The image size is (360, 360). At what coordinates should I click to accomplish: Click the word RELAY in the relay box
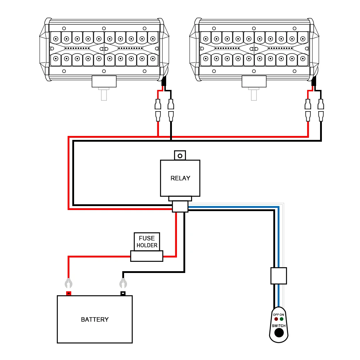click(180, 178)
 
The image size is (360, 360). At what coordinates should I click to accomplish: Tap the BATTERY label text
click(95, 319)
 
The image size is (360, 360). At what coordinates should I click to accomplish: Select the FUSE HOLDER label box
click(147, 242)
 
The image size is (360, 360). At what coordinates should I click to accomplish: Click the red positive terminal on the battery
click(69, 293)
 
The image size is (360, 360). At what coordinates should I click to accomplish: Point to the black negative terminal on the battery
click(123, 293)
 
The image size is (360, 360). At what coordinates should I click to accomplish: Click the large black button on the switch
click(279, 333)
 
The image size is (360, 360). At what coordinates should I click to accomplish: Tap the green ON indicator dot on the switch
click(282, 319)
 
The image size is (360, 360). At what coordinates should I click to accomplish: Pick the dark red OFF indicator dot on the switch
click(276, 319)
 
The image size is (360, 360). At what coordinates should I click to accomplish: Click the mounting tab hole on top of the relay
click(180, 156)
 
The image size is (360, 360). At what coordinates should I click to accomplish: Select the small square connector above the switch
click(279, 276)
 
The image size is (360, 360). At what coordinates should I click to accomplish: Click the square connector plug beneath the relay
click(180, 206)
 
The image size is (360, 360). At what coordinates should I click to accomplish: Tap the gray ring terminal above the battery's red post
click(68, 283)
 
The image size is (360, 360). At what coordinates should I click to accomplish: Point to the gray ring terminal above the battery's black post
click(123, 283)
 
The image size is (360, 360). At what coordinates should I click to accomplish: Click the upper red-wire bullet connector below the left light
click(158, 104)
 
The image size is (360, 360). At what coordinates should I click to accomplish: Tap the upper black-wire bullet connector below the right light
click(321, 104)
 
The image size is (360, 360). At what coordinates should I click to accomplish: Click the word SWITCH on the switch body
click(279, 325)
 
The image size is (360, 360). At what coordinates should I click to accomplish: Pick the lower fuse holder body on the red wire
click(147, 256)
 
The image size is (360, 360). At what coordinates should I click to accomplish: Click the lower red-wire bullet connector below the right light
click(308, 116)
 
